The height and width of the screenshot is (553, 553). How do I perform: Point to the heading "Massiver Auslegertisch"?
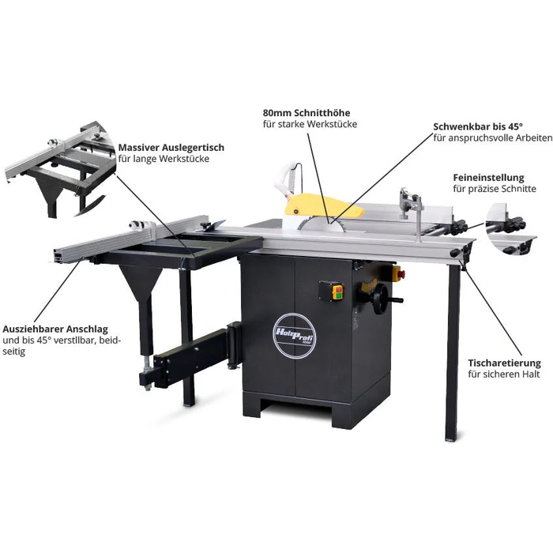click(x=171, y=147)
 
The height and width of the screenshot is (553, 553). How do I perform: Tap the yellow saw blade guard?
click(x=320, y=207)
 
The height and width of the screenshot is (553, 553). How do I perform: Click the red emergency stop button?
click(x=398, y=274)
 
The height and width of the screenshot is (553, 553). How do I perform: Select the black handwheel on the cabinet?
click(x=384, y=299)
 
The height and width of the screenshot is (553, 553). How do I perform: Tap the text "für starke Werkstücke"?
click(x=310, y=124)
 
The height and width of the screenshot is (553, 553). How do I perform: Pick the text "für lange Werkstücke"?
click(x=164, y=159)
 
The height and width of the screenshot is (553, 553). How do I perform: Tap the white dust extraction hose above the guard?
click(x=288, y=178)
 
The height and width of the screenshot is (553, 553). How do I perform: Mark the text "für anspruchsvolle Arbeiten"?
click(x=491, y=138)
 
